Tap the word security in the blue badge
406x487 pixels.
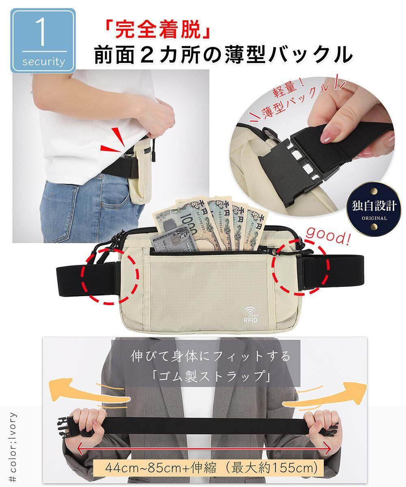[x=43, y=62]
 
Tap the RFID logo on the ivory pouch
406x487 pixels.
[x=251, y=314]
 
